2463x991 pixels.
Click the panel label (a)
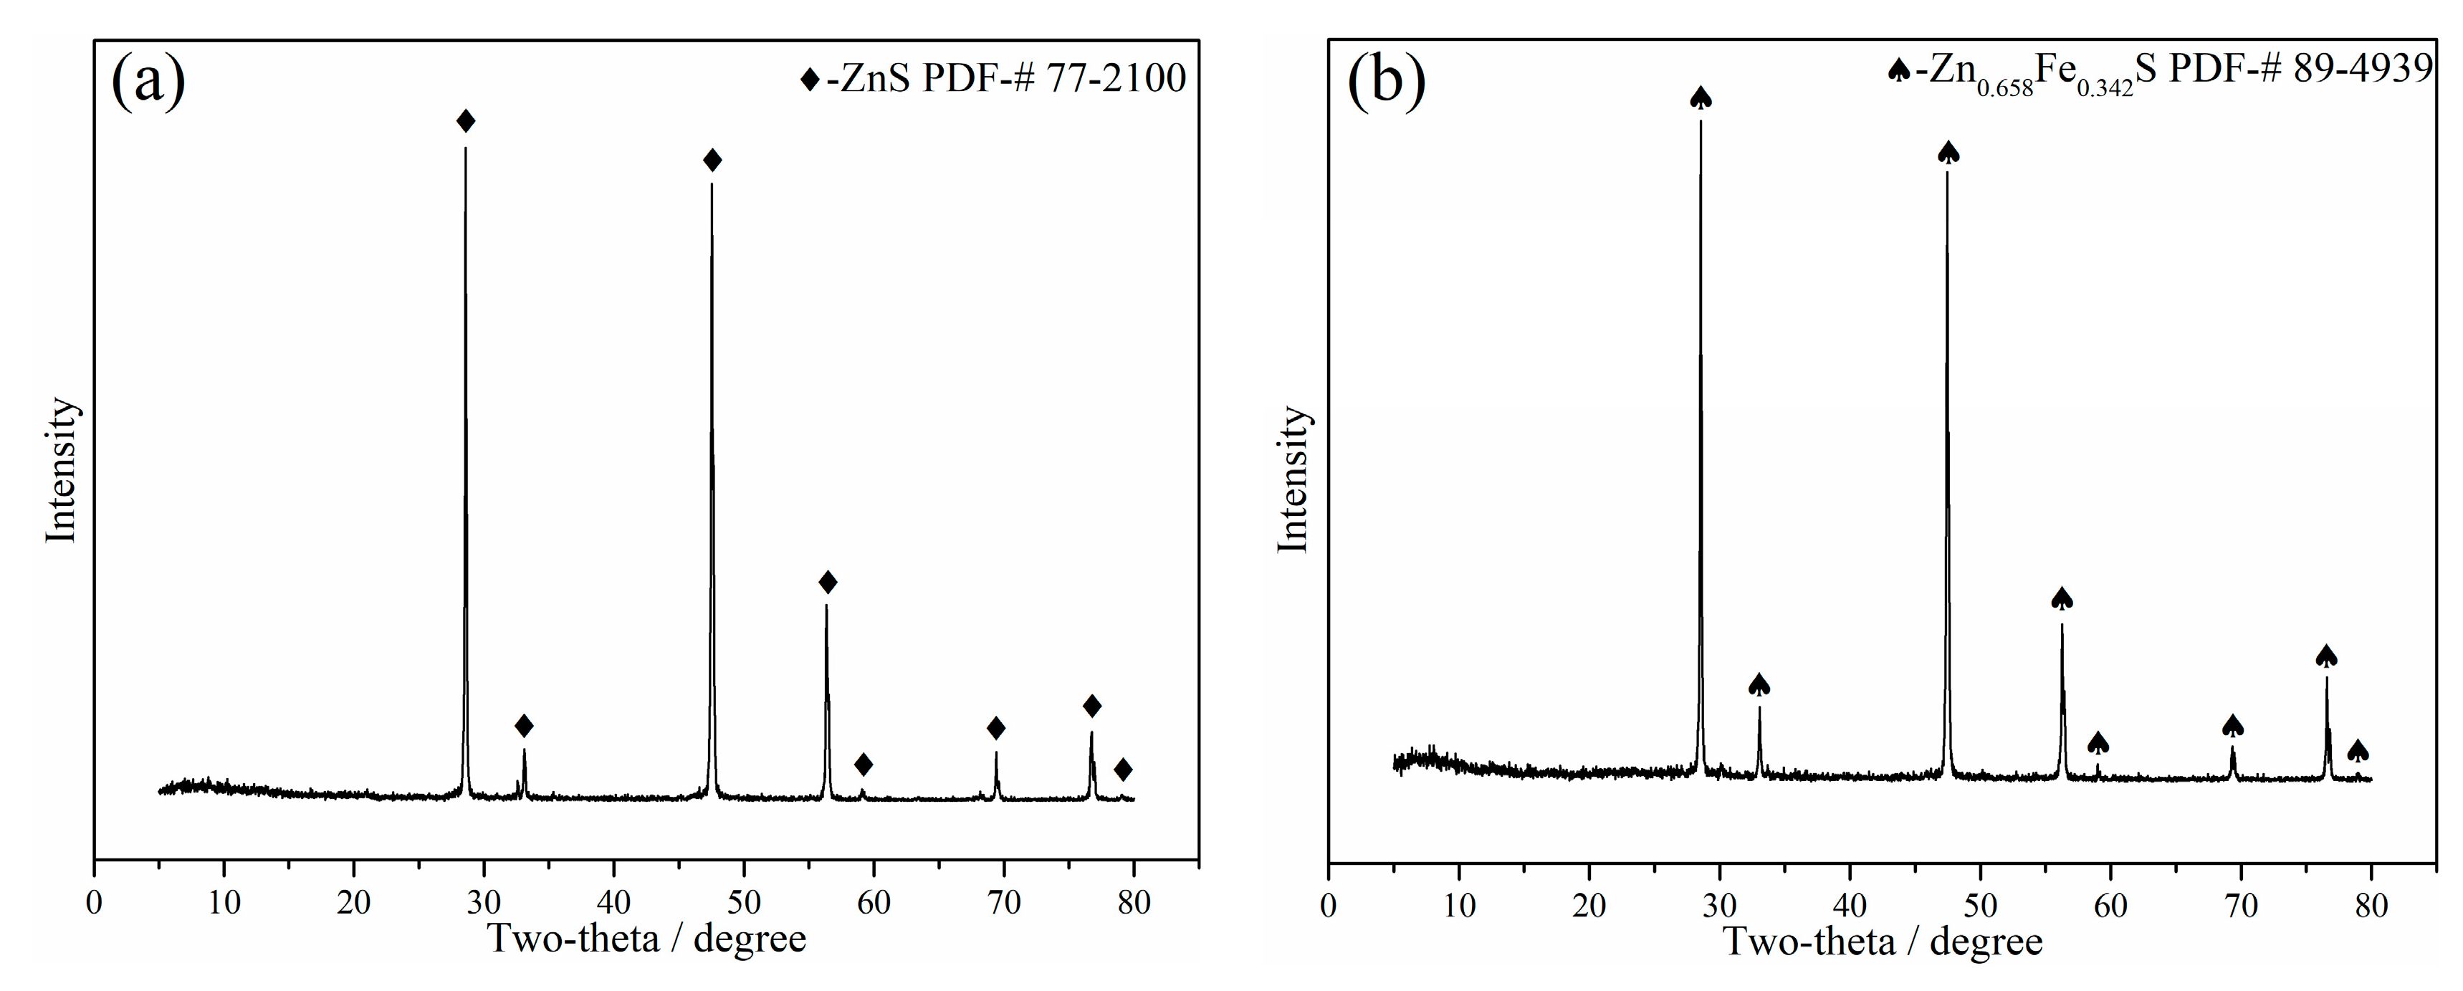[148, 81]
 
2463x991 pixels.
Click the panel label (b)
[1385, 81]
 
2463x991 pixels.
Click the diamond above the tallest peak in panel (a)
[466, 121]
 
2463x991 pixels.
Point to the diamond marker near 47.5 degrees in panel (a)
[712, 161]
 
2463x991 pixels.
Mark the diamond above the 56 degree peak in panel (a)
[828, 582]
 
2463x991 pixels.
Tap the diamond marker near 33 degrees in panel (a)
[524, 725]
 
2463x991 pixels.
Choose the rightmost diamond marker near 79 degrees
[1124, 770]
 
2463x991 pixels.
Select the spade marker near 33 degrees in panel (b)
[1759, 684]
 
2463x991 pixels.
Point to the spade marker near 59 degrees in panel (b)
[2098, 742]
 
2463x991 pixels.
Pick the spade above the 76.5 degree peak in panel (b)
[2326, 656]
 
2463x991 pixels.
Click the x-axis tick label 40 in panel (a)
[614, 903]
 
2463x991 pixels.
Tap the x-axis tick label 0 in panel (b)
[1328, 905]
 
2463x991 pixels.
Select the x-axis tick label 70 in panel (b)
[2241, 905]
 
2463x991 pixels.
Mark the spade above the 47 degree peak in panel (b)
[1948, 152]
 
